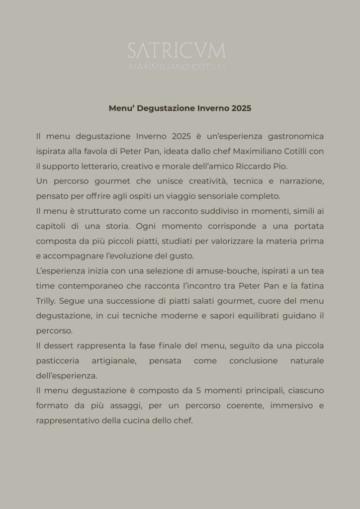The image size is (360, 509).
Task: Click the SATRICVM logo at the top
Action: click(177, 50)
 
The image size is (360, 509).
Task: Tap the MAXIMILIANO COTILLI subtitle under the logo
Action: click(177, 67)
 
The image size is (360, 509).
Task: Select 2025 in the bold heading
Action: click(241, 108)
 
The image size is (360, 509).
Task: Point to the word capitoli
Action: click(51, 226)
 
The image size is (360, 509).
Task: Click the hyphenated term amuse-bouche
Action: click(212, 271)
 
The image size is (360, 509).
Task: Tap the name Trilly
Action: click(46, 301)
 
